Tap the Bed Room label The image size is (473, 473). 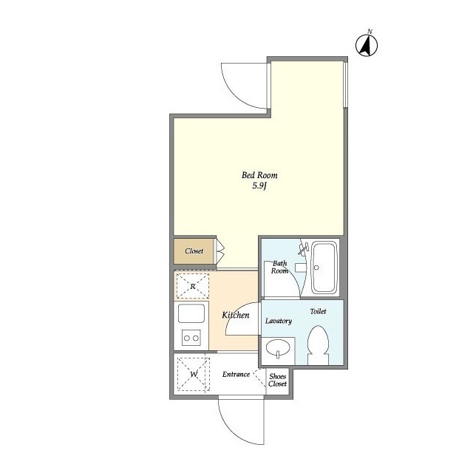259,175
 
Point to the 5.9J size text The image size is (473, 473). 259,186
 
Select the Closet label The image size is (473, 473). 194,251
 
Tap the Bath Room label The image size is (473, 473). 279,267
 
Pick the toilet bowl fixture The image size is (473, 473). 318,344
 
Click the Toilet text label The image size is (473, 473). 318,312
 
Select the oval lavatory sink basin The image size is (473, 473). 277,348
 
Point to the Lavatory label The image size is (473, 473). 279,321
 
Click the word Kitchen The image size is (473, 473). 235,316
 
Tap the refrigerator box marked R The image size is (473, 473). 192,285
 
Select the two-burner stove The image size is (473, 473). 191,338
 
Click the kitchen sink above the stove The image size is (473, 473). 191,314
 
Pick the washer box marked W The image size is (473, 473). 194,375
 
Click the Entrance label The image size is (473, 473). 236,374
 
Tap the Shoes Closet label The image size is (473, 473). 277,379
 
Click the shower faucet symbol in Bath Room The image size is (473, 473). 302,249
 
